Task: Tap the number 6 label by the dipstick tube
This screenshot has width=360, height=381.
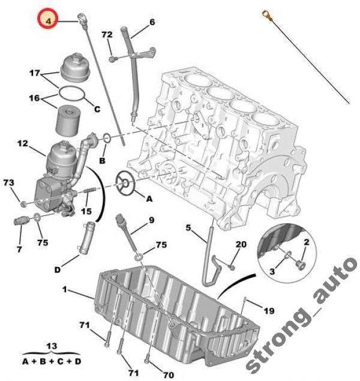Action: [x=152, y=22]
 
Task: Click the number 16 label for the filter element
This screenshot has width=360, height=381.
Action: [x=35, y=97]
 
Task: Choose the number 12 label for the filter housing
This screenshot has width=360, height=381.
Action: [x=22, y=143]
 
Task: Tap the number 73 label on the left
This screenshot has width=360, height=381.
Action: [x=8, y=182]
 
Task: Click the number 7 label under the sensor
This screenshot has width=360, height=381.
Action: [x=19, y=248]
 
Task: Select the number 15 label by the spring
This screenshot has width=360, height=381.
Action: [x=86, y=211]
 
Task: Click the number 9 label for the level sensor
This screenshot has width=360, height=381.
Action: [x=152, y=220]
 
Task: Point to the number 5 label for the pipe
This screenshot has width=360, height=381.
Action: [x=187, y=228]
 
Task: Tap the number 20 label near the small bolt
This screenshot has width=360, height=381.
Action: [x=241, y=244]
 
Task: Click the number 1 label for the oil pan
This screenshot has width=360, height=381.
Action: [x=65, y=289]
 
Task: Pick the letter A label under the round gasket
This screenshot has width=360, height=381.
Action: [x=149, y=197]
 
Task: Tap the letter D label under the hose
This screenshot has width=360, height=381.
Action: [x=58, y=269]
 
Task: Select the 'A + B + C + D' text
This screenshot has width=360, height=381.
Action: [x=52, y=362]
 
